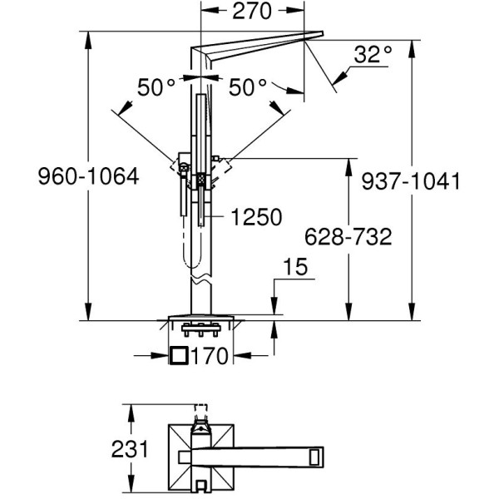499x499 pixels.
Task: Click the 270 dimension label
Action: point(252,12)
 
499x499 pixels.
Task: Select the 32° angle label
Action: point(373,54)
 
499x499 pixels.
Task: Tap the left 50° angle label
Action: point(156,87)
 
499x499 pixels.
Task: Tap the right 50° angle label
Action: point(248,87)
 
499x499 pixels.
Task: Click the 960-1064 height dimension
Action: point(88,176)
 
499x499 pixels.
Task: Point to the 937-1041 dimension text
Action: point(411,181)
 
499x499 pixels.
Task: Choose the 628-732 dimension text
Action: point(348,237)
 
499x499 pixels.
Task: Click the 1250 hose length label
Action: point(256,217)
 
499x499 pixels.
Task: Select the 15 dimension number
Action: point(295,267)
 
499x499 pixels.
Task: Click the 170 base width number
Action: point(210,355)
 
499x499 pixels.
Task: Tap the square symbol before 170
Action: point(179,355)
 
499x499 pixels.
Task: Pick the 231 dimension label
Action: point(130,449)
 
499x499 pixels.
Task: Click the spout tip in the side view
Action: point(322,33)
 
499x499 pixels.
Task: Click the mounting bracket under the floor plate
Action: point(200,329)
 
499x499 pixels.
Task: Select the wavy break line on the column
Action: point(200,279)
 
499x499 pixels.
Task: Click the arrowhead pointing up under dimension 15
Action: point(274,329)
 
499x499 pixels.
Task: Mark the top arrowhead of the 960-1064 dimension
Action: point(88,40)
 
